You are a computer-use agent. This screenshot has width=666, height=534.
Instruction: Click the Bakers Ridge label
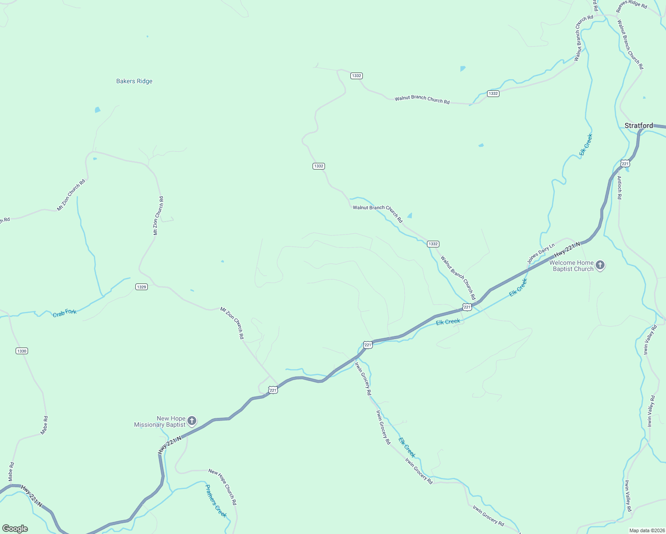click(134, 81)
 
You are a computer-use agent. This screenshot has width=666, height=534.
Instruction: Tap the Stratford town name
click(638, 125)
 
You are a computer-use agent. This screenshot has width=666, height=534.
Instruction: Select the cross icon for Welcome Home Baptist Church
click(600, 266)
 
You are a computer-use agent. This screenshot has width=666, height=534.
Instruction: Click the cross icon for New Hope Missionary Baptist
click(192, 421)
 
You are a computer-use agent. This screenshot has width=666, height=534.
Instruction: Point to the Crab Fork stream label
click(65, 313)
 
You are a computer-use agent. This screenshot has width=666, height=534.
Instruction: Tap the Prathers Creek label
click(216, 501)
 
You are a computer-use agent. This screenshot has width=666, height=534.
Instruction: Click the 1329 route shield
click(142, 287)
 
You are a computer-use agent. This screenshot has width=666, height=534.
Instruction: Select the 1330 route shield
click(22, 351)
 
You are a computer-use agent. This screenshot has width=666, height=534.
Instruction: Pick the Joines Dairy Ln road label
click(541, 253)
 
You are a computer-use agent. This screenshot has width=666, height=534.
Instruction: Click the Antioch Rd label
click(619, 187)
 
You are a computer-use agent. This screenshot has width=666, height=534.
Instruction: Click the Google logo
click(15, 529)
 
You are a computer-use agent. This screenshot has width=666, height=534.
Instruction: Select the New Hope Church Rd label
click(223, 487)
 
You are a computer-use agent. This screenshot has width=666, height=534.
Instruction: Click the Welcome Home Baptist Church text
click(572, 266)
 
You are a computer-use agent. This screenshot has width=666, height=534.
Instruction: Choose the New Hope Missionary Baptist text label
click(160, 421)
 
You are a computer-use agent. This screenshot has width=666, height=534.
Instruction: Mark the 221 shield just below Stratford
click(625, 164)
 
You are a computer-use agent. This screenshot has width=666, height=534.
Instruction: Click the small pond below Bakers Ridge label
click(97, 109)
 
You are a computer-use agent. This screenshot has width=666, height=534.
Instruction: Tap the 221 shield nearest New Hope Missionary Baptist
click(273, 390)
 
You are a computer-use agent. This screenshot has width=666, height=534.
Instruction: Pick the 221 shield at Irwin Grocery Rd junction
click(368, 345)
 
